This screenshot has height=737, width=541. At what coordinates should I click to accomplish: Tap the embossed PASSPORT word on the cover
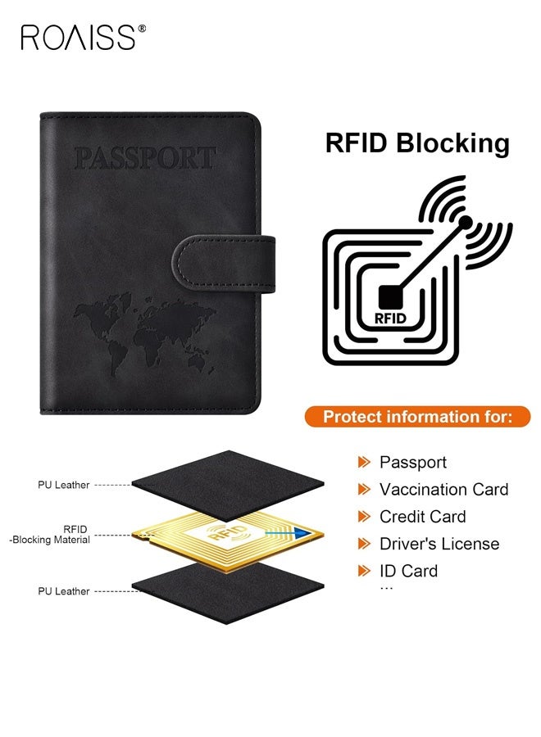tap(145, 158)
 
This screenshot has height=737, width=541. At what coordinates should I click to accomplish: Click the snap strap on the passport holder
tap(224, 265)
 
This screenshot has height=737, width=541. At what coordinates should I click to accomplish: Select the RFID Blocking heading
tap(417, 142)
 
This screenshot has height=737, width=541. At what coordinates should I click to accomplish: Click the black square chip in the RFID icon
tap(390, 297)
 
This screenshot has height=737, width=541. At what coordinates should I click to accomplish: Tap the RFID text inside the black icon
tap(390, 319)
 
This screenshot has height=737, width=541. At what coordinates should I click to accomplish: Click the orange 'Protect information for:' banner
tap(417, 417)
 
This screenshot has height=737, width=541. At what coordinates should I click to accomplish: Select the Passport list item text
tap(413, 463)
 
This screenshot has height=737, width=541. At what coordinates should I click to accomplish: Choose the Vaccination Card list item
tap(444, 490)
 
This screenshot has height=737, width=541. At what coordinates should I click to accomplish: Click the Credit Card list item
tap(422, 517)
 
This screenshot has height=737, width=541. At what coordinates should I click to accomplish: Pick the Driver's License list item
tap(439, 544)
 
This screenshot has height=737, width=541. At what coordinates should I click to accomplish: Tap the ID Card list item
tap(408, 571)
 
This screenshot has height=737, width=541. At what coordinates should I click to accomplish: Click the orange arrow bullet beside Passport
tap(364, 463)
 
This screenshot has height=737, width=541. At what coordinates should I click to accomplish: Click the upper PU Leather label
tap(63, 485)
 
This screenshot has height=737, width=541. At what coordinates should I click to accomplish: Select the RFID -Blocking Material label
tap(50, 535)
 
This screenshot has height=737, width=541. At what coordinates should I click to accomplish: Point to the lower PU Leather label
tap(63, 591)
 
